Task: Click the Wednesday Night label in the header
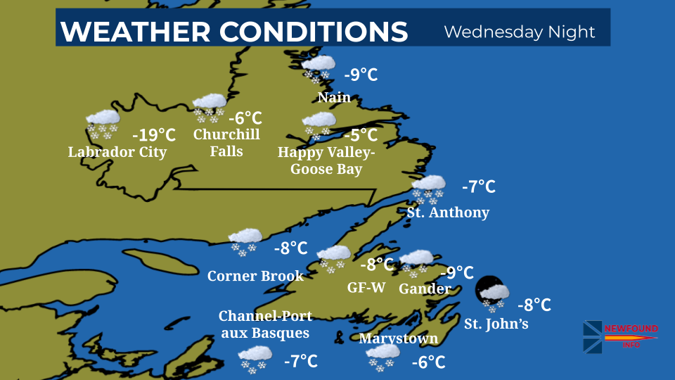[520, 32]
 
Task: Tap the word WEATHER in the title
[136, 32]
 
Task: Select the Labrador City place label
[117, 152]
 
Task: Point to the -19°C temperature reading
[154, 134]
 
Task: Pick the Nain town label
[334, 98]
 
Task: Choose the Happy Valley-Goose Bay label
[326, 161]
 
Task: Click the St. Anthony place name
[448, 212]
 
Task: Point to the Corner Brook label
[255, 276]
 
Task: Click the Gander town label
[425, 289]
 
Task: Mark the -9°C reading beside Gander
[456, 272]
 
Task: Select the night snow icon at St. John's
[493, 293]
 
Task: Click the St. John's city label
[496, 324]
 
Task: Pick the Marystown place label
[398, 338]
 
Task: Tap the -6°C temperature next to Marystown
[428, 362]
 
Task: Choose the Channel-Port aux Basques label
[265, 324]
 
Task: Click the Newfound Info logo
[619, 336]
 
